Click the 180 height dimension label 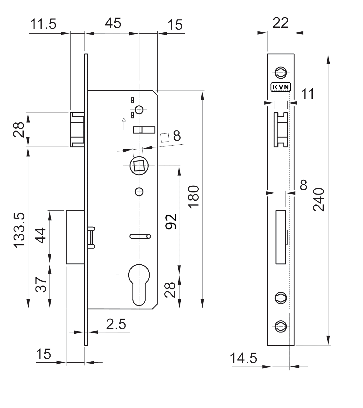coord(193,197)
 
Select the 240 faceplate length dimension coord(319,200)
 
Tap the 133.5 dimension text coord(19,230)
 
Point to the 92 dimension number coord(171,222)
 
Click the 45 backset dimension coord(113,23)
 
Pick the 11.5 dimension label coord(43,24)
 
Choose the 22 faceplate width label coord(280,23)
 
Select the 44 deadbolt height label coord(40,235)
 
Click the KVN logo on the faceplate coord(281,87)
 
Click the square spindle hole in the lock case coord(139,166)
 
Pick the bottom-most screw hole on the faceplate coord(281,326)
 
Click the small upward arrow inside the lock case coord(124,124)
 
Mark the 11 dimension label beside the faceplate coord(307,94)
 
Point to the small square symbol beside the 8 coord(165,138)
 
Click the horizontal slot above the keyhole coord(140,236)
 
